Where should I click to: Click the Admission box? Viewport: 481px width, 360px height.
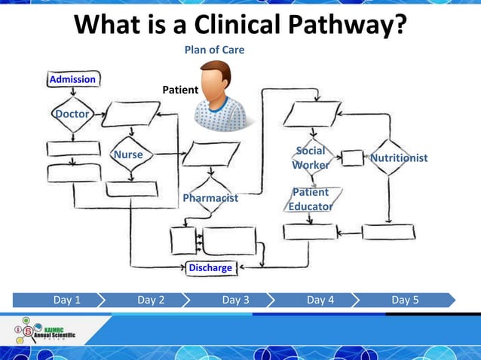(x=72, y=79)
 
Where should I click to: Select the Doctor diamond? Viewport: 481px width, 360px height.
(x=72, y=114)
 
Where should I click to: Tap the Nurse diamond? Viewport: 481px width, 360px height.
(x=128, y=155)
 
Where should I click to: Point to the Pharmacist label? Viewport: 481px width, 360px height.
(x=210, y=198)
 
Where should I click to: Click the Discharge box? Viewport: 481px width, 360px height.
(x=210, y=267)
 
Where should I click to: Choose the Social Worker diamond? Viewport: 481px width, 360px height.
(x=311, y=158)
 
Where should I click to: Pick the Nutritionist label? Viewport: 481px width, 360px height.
(x=399, y=158)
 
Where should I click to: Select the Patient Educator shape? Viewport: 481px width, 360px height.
(x=311, y=200)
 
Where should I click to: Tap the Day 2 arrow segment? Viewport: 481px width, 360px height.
(x=151, y=300)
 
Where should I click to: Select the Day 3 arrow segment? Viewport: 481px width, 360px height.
(x=235, y=300)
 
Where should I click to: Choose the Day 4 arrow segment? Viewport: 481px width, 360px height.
(x=320, y=300)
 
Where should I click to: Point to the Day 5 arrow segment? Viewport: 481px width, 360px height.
(x=405, y=300)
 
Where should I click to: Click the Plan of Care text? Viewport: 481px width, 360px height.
(x=215, y=50)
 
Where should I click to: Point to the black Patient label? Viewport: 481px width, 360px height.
(x=180, y=90)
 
